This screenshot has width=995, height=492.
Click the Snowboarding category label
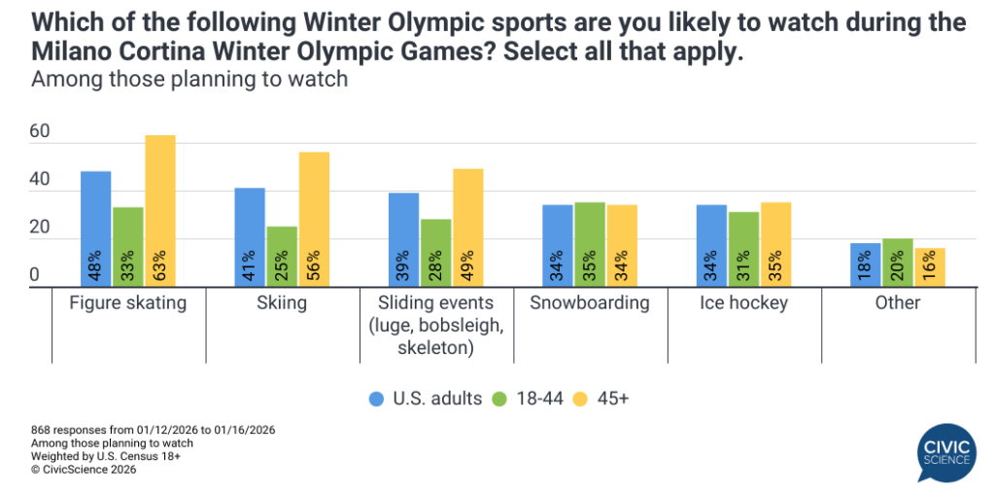590,303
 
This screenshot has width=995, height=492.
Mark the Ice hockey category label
743,303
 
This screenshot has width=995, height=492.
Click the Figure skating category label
128,303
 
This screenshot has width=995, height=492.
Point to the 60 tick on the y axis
39,132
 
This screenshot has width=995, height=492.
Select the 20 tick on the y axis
39,228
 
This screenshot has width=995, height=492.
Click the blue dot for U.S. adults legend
377,399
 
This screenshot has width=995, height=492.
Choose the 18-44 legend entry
531,399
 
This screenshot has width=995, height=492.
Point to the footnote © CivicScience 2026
84,470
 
